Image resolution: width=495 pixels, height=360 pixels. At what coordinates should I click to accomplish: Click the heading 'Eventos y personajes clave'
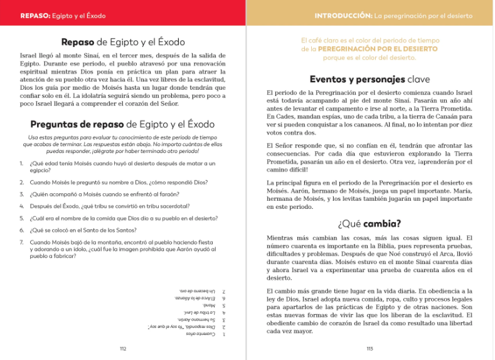[x=370, y=80]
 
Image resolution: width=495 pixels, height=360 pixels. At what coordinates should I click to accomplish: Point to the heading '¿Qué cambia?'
[x=370, y=223]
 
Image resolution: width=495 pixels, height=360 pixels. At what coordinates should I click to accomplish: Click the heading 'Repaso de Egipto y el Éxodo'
[x=123, y=43]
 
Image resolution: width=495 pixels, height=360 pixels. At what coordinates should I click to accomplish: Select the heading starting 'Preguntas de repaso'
[x=122, y=124]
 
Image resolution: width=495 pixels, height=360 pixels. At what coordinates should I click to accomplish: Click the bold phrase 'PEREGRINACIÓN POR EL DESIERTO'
[x=378, y=48]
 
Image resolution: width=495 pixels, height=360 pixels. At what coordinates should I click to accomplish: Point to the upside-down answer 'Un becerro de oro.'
[x=196, y=291]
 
